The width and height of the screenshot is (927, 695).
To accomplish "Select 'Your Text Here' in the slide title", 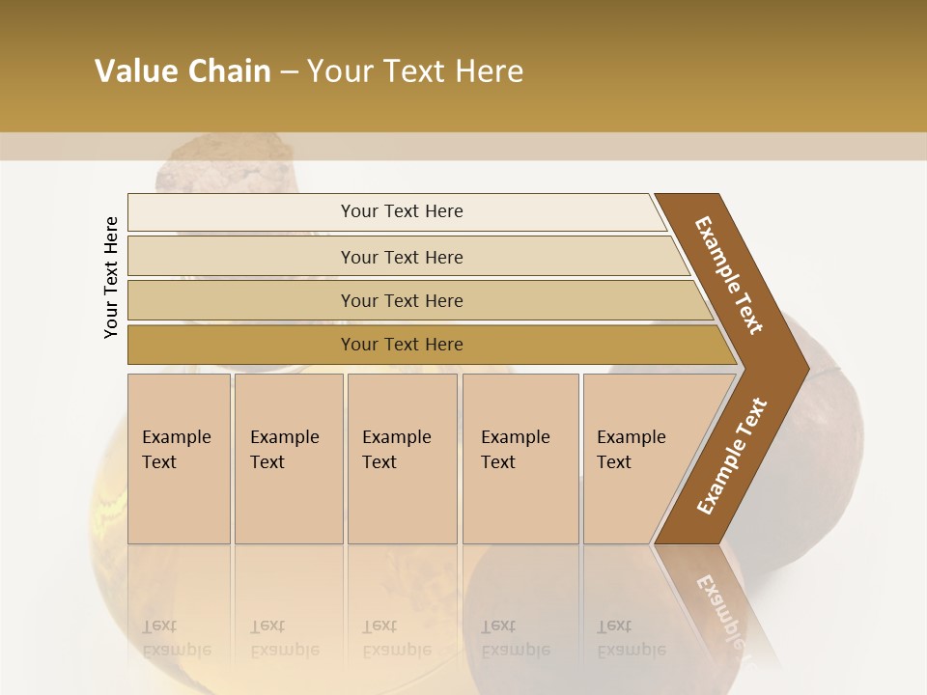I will pyautogui.click(x=415, y=71).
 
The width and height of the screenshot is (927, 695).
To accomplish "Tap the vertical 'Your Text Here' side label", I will pyautogui.click(x=111, y=278).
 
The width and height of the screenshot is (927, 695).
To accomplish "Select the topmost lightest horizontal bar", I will pyautogui.click(x=401, y=211).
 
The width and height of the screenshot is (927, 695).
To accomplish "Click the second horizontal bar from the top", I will pyautogui.click(x=401, y=257).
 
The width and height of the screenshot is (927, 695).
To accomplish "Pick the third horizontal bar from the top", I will pyautogui.click(x=401, y=300).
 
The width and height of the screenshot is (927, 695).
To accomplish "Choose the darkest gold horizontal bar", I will pyautogui.click(x=401, y=345).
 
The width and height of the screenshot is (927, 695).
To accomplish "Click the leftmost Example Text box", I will pyautogui.click(x=179, y=459).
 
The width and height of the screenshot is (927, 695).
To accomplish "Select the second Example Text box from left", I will pyautogui.click(x=288, y=459).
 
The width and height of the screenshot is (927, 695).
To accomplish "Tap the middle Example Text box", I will pyautogui.click(x=402, y=459).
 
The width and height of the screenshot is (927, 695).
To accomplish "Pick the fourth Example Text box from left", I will pyautogui.click(x=520, y=459).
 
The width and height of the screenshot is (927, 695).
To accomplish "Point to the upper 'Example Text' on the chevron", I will pyautogui.click(x=730, y=275).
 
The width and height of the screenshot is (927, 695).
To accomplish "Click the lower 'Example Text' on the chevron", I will pyautogui.click(x=732, y=456).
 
